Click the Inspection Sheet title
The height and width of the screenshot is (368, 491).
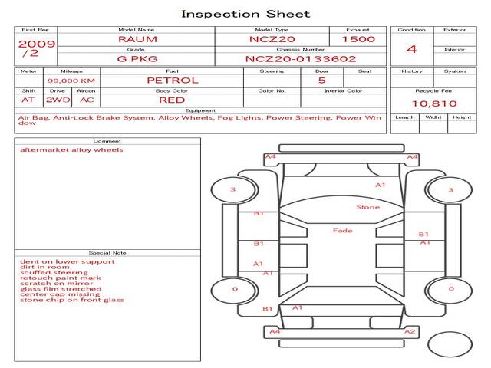[245, 14]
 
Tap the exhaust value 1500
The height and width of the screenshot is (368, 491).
[358, 38]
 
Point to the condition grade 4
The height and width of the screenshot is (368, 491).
[412, 49]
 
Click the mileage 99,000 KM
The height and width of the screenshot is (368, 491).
[71, 80]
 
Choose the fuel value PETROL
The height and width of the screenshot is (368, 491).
[172, 80]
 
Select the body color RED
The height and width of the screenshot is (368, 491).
[172, 100]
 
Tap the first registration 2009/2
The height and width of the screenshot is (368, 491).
[36, 48]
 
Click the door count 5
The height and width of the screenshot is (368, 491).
[321, 80]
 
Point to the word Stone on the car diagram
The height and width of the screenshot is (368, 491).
[367, 207]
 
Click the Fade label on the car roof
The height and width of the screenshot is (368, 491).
[342, 230]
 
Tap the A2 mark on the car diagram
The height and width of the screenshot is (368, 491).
[410, 331]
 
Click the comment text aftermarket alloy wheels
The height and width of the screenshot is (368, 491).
[71, 150]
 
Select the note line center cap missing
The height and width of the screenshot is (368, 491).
[60, 294]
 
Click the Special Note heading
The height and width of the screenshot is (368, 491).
[107, 252]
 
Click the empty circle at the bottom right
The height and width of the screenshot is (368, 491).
[450, 344]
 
